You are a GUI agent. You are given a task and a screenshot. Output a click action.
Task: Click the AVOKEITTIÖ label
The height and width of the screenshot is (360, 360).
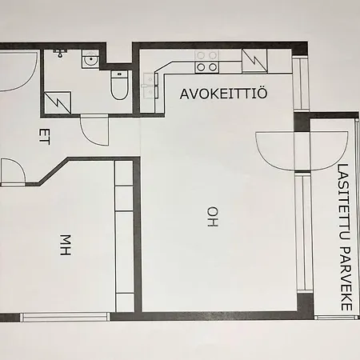pos(223,93)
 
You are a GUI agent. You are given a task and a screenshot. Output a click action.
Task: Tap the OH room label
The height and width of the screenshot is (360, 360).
pos(212,217)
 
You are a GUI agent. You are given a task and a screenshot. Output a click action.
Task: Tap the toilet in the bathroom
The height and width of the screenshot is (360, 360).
pos(119,86)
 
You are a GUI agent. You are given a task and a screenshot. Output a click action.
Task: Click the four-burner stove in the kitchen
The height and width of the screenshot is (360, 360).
pos(207,62)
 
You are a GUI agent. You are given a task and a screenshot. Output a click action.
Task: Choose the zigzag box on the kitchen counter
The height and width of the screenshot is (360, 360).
pos(253,61)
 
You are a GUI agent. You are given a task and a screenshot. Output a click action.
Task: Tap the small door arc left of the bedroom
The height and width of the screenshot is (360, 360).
pos(11,170)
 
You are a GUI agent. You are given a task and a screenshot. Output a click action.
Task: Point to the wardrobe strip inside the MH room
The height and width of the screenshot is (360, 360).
pos(124,236)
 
